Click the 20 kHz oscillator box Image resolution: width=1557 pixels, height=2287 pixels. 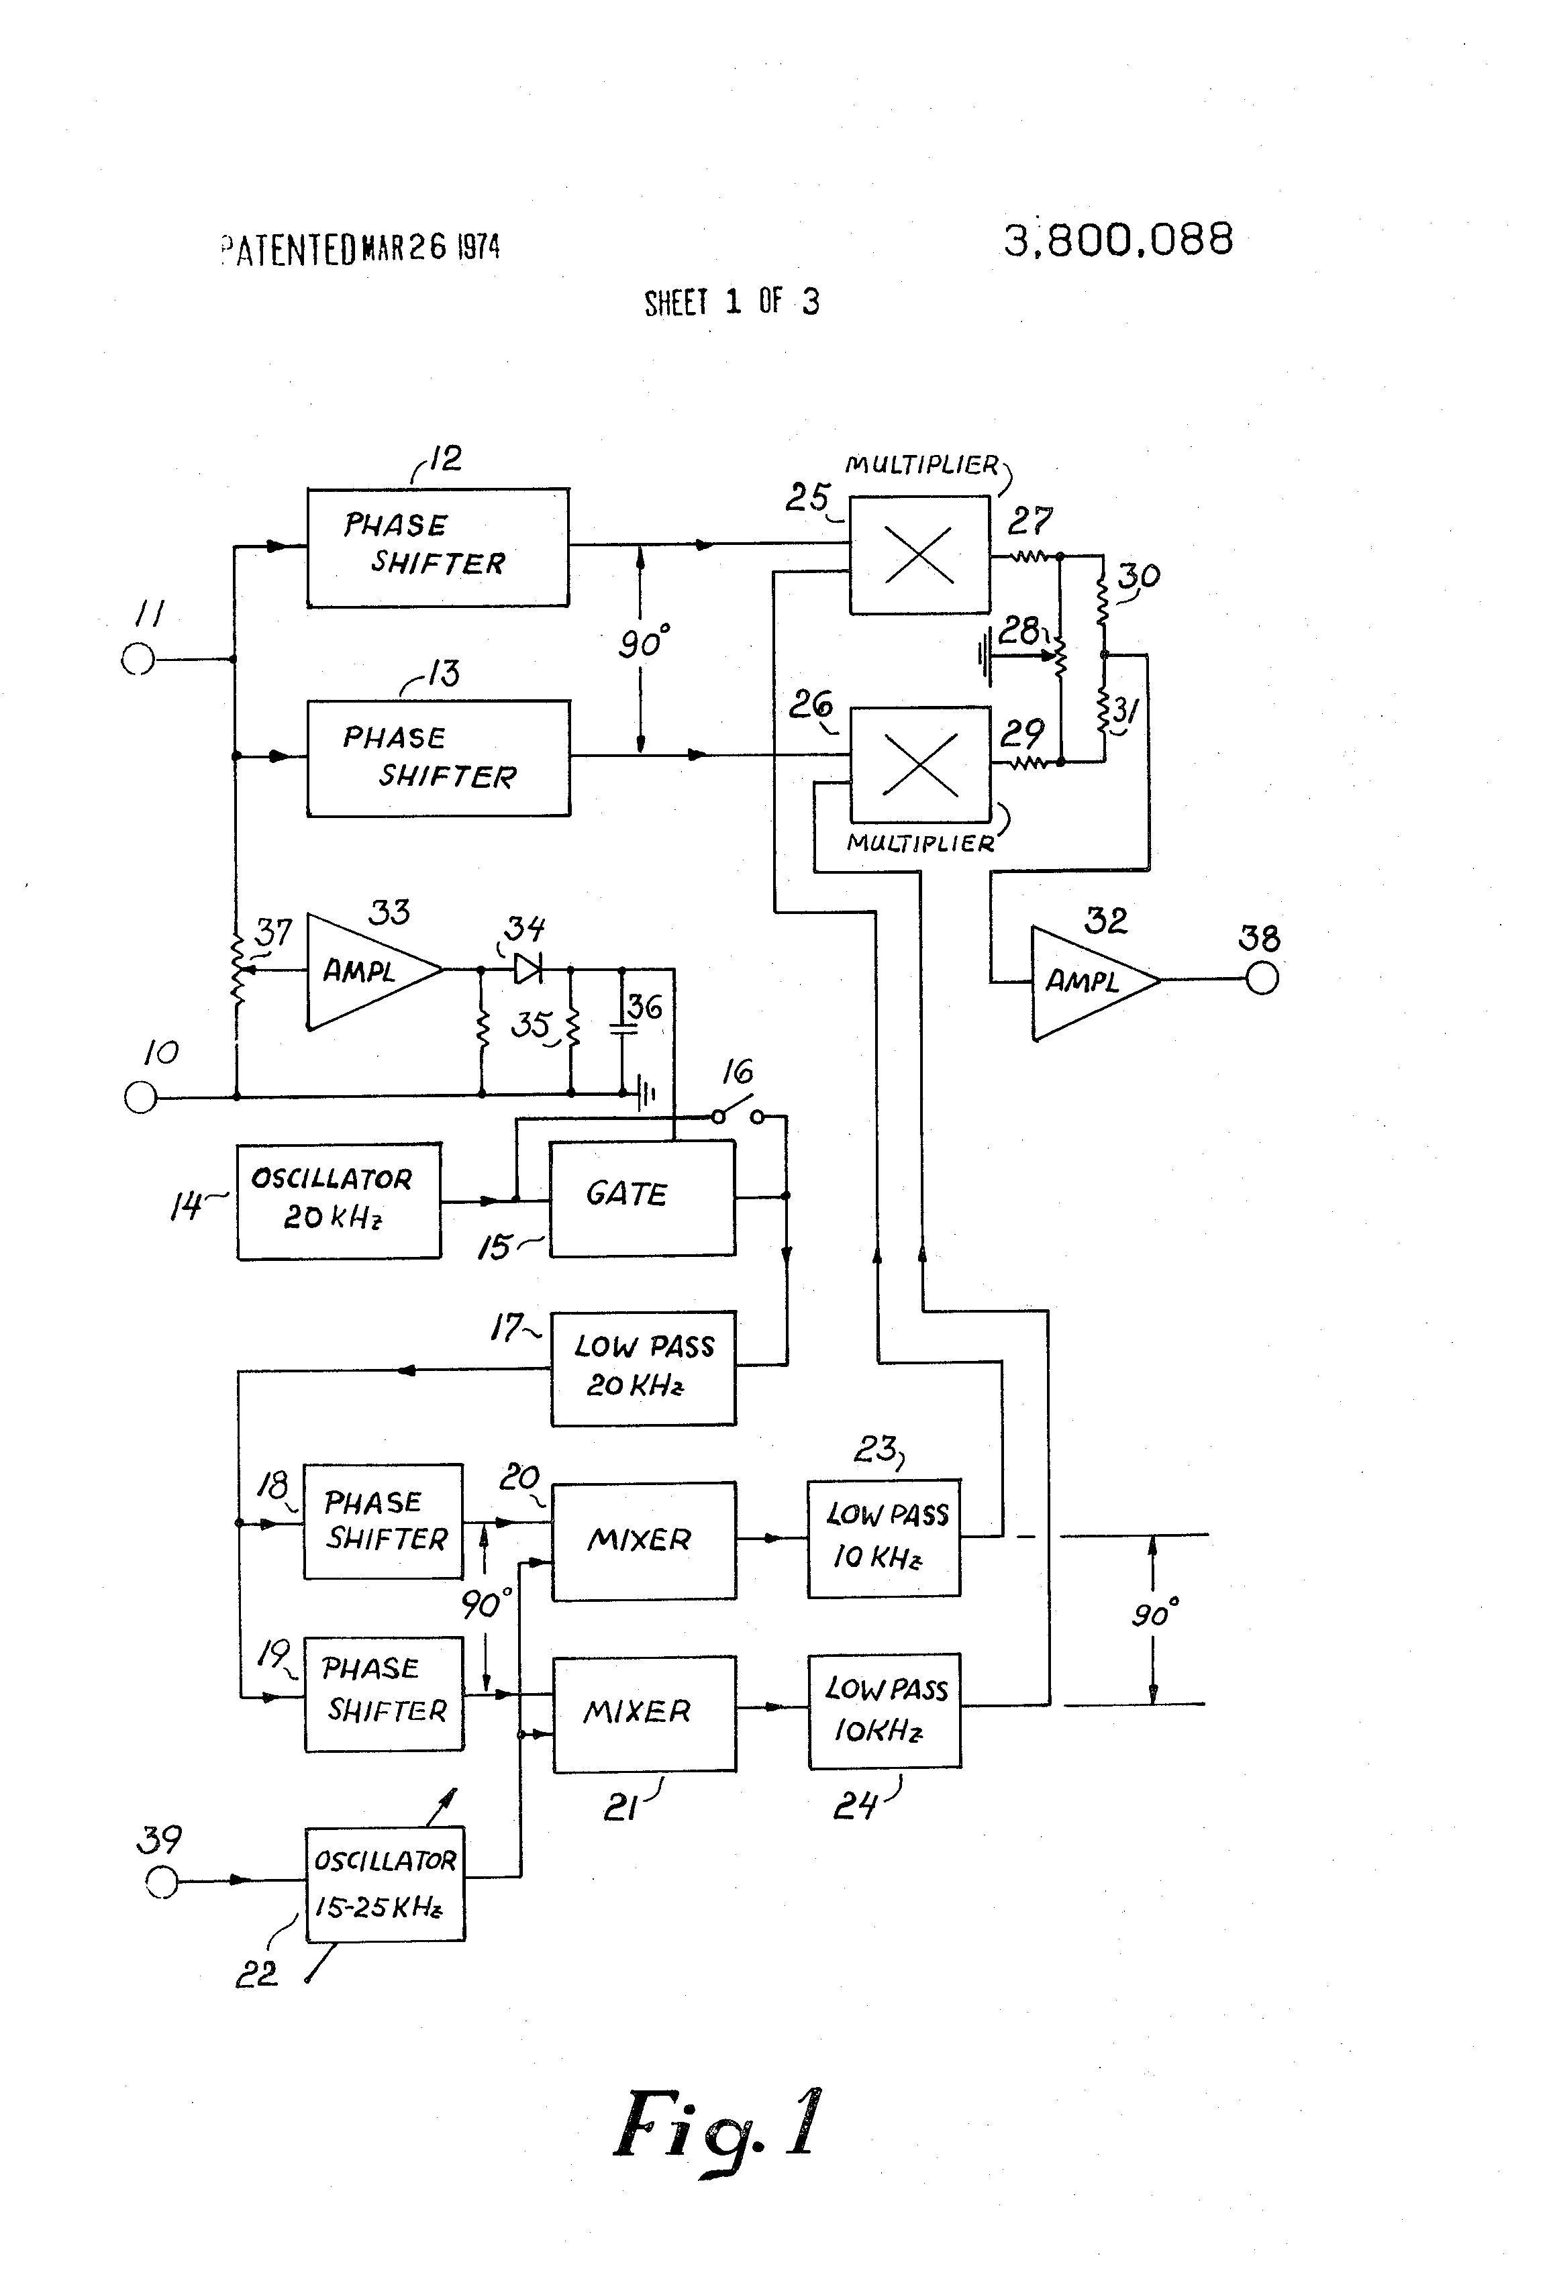(x=338, y=1200)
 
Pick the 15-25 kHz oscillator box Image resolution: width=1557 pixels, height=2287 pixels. (x=385, y=1884)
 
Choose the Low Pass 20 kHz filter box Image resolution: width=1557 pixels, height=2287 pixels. (x=643, y=1367)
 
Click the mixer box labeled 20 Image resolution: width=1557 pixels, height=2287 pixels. (x=643, y=1540)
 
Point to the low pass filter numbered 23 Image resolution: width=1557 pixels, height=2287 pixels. (x=883, y=1537)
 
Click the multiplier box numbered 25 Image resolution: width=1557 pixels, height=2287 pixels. (x=919, y=554)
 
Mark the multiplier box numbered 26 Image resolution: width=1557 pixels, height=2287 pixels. (x=919, y=764)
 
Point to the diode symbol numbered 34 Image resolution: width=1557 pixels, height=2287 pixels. (x=529, y=969)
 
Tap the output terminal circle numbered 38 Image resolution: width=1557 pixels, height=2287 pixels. (x=1262, y=979)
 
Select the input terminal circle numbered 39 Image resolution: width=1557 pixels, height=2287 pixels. (x=162, y=1882)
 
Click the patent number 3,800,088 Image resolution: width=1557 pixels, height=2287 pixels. (x=1118, y=239)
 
